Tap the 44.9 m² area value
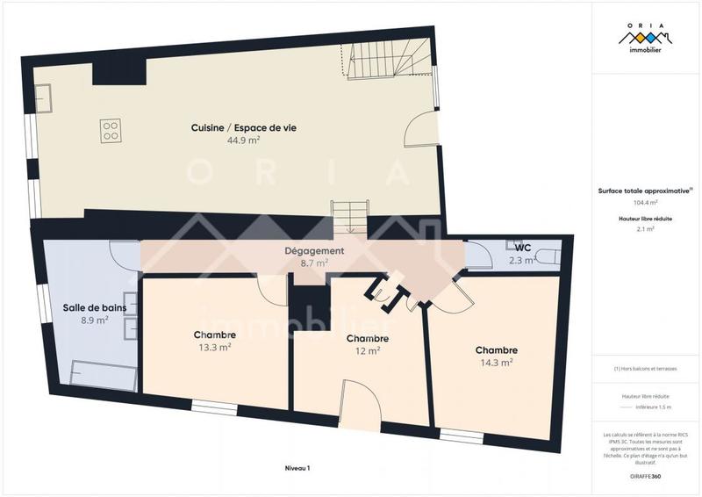click(x=243, y=140)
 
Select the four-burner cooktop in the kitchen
click(x=111, y=132)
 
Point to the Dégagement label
click(x=313, y=251)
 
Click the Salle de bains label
click(x=94, y=308)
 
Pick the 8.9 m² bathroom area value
click(x=94, y=321)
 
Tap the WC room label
click(x=522, y=248)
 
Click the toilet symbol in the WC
click(x=545, y=256)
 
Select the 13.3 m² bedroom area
click(x=215, y=348)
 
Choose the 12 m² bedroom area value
click(x=368, y=351)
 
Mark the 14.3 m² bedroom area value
click(x=497, y=362)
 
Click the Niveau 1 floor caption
click(x=297, y=468)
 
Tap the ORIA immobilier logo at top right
click(x=646, y=40)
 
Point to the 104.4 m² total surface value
click(x=645, y=202)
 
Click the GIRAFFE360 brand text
click(x=645, y=475)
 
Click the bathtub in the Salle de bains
click(x=102, y=376)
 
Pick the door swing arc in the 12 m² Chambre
click(x=360, y=400)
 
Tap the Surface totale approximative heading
click(x=645, y=191)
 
